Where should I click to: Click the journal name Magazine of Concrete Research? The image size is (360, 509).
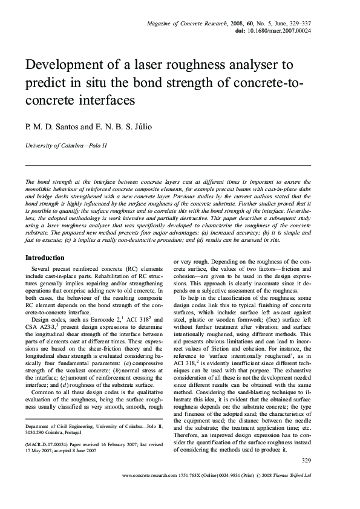click(x=186, y=23)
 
